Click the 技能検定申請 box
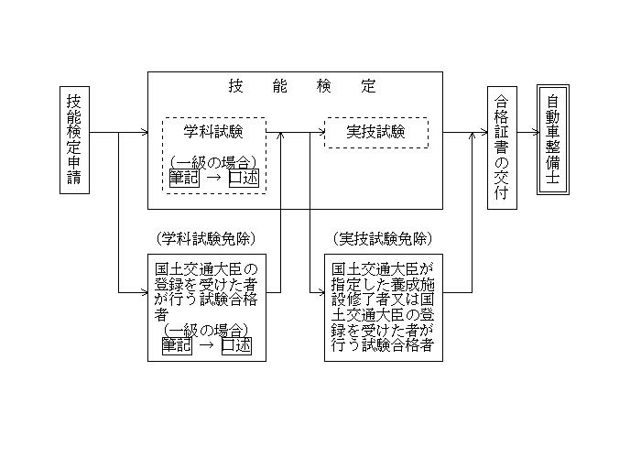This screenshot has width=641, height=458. click(x=74, y=140)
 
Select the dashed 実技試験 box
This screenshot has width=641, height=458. click(x=376, y=133)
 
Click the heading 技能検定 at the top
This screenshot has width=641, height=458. click(x=302, y=87)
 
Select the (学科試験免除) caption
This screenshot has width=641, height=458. click(x=206, y=238)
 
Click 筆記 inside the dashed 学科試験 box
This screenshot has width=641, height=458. click(x=184, y=178)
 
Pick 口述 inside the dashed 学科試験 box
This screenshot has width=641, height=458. click(x=244, y=178)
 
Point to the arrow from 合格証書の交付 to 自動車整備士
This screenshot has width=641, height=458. click(x=527, y=133)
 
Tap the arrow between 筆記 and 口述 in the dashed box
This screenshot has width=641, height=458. click(x=213, y=178)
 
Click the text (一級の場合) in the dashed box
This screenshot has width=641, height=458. click(x=213, y=163)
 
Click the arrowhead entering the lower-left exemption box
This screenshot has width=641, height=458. click(x=143, y=292)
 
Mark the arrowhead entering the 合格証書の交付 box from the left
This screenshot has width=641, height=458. click(x=483, y=133)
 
